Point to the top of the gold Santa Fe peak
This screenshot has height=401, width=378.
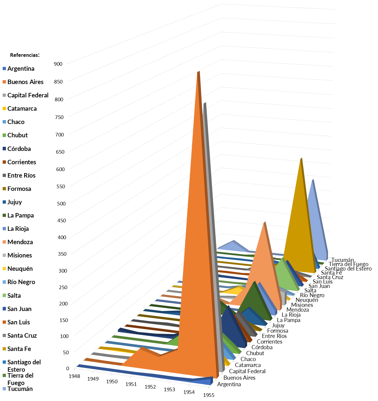[301, 159]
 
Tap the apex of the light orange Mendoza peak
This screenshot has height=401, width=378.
[265, 223]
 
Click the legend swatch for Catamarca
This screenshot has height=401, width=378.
[4, 109]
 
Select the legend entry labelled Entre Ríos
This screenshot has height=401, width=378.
[21, 175]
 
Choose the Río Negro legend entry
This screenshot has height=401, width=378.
[21, 282]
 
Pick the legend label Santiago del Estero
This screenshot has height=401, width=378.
[24, 366]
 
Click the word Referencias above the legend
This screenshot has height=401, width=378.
[25, 55]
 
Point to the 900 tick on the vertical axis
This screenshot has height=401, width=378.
[58, 64]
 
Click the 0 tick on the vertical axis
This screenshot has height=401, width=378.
[67, 368]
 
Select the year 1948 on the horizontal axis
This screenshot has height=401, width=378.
[74, 376]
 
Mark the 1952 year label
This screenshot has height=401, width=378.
[150, 387]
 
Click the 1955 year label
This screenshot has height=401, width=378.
[209, 395]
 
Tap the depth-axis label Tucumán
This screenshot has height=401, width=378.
[343, 260]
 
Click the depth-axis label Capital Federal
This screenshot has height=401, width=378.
[247, 371]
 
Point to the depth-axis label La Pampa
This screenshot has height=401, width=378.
[288, 320]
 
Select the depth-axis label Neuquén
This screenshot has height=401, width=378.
[307, 300]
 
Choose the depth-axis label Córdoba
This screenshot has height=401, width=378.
[262, 347]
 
